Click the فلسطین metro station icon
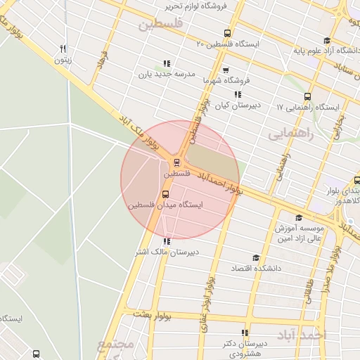(x=176, y=161)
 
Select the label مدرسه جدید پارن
(x=166, y=73)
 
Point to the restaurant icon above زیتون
(x=63, y=49)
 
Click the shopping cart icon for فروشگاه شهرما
(x=225, y=70)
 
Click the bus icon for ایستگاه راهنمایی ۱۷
(x=307, y=96)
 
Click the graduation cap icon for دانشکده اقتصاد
(x=256, y=258)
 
